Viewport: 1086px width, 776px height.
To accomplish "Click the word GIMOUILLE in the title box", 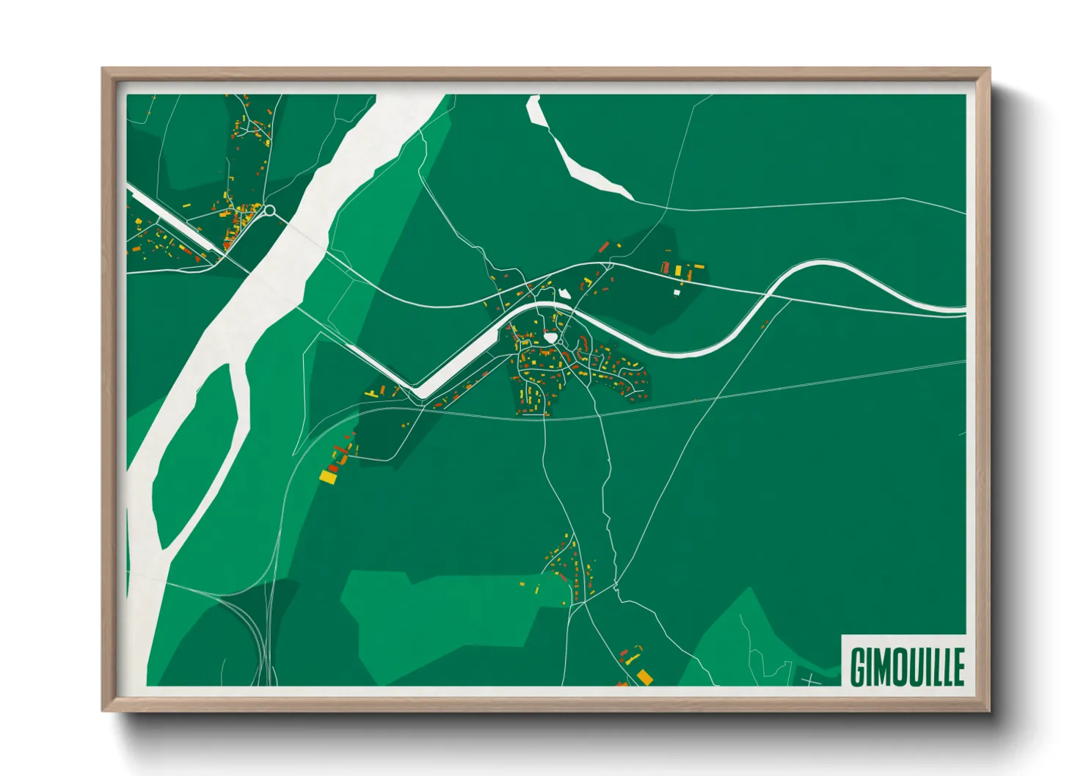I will [907, 666].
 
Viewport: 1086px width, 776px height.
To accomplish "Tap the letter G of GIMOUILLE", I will [858, 666].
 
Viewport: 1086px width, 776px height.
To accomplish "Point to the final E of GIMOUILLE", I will [958, 666].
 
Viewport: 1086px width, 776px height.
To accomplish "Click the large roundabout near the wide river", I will [269, 211].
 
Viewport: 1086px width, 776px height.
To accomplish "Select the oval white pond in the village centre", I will [551, 338].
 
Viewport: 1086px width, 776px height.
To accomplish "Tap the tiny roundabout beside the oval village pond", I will [561, 342].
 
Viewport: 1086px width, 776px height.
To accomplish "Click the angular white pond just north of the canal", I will [564, 294].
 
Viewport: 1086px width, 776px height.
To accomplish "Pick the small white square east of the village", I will [677, 293].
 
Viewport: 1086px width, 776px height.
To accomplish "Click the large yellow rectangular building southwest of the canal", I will [327, 477].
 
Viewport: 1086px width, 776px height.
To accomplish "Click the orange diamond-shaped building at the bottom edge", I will [644, 676].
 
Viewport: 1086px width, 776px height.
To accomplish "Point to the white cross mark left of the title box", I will [811, 681].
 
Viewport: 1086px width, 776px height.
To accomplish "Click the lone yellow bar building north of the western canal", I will [186, 205].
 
